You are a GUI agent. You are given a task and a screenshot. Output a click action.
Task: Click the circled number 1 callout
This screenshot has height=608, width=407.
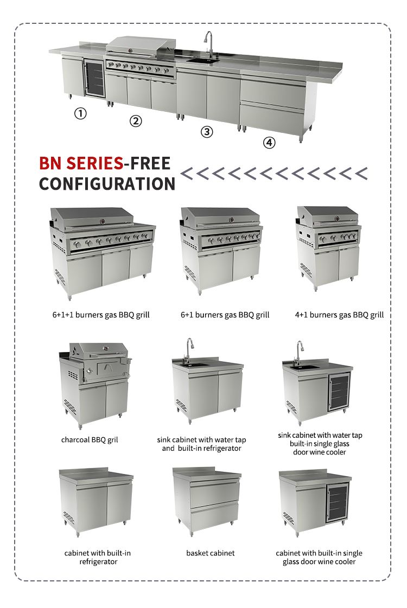pos(80,113)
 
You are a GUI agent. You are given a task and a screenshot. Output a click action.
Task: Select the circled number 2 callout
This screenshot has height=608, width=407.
pos(136,121)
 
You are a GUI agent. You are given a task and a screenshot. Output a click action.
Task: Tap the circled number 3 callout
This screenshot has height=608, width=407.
pos(206,132)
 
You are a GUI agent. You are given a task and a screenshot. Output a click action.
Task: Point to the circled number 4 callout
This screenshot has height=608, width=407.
pos(269,142)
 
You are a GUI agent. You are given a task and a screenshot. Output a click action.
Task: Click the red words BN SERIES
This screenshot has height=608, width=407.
pos(81,163)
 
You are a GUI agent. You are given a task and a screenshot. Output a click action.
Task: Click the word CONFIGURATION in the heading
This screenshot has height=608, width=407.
pos(107,184)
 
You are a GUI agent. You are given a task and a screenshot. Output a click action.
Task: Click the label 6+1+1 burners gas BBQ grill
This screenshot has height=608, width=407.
pos(101,315)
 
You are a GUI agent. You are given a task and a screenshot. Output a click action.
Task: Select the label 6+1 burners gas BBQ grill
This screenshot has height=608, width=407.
pos(225,315)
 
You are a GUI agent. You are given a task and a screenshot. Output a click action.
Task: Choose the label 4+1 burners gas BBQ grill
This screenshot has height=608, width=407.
pos(339,315)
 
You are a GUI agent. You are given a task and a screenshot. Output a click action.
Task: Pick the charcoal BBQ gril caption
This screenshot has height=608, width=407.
pos(90,440)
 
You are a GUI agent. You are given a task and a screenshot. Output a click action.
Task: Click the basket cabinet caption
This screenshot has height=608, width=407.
pos(211,553)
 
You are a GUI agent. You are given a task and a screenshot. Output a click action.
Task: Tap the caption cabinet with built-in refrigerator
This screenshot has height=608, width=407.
pos(98,557)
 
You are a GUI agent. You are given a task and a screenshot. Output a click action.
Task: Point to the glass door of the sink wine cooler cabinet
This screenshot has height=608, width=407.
pos(339,392)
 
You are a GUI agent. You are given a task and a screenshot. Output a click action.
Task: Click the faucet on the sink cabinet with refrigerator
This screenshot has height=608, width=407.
pos(188,351)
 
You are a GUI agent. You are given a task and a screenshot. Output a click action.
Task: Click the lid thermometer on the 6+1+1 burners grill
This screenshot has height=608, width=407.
pos(103,221)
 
